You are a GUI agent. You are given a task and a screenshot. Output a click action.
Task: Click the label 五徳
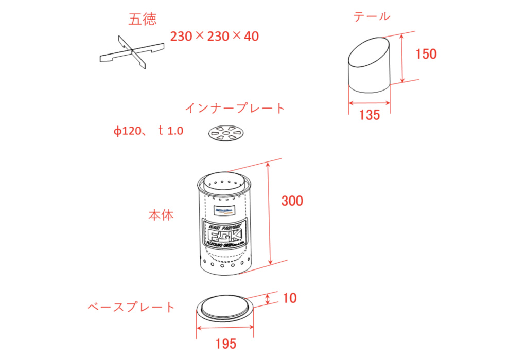coord(143,20)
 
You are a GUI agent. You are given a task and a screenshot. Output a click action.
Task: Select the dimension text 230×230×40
coord(214,36)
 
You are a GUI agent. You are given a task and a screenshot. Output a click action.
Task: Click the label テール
coord(371,16)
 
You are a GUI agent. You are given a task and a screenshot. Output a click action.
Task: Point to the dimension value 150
coord(426,54)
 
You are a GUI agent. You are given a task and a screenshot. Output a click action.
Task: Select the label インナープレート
coord(234,108)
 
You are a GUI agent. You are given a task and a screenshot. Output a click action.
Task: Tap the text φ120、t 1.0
coord(148,131)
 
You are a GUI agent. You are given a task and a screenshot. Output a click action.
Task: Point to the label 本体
coord(161,215)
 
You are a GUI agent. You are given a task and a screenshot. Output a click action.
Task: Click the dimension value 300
coord(292,201)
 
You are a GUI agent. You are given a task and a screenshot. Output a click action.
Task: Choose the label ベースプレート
coord(131,307)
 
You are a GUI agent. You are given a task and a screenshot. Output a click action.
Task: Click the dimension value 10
coord(290,298)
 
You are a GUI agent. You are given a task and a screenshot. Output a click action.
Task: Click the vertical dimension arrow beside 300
coord(268,213)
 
